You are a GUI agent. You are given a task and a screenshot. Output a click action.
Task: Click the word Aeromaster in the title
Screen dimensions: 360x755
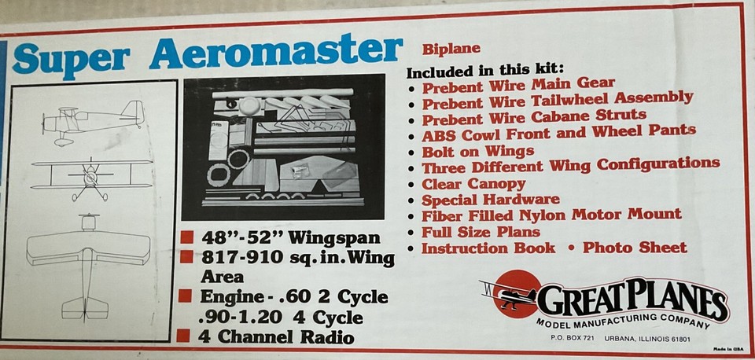click(x=275, y=52)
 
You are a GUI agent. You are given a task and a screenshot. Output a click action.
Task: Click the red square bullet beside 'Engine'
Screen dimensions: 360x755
click(x=186, y=296)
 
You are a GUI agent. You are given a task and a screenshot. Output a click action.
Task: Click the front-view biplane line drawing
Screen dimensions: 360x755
click(x=91, y=177)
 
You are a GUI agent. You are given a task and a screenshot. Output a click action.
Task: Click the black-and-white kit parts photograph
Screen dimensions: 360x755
click(x=283, y=147)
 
